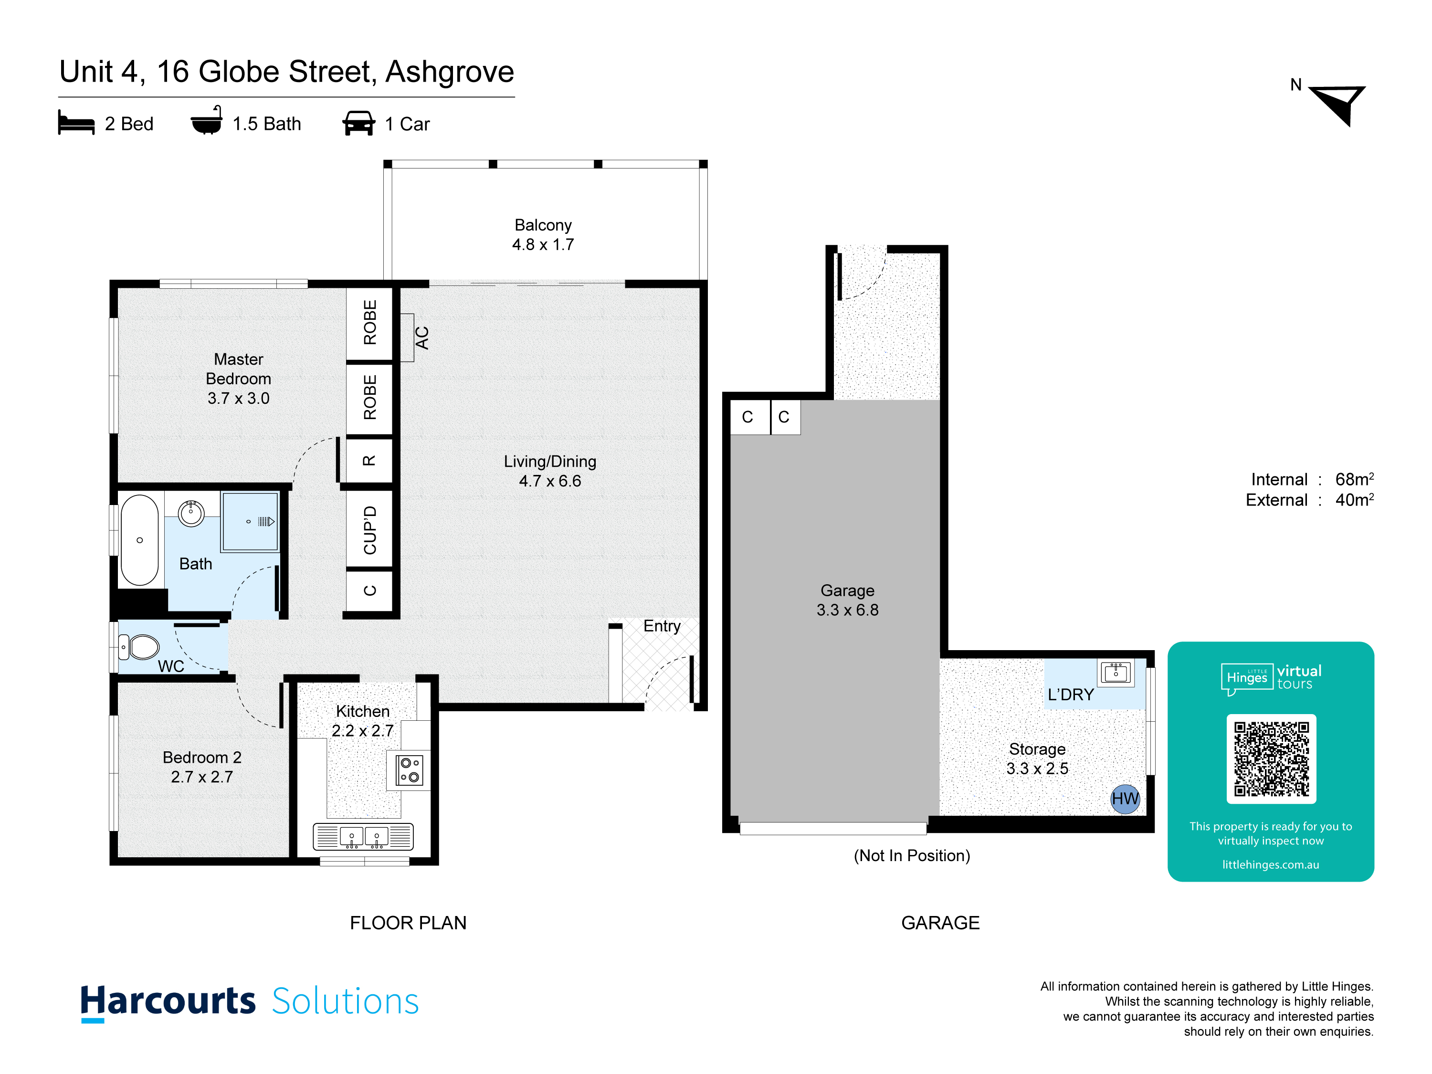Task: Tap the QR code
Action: click(x=1271, y=759)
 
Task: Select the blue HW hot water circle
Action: click(x=1125, y=799)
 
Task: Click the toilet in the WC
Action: click(x=139, y=647)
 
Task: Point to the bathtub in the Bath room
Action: click(x=139, y=540)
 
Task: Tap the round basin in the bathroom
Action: click(x=191, y=513)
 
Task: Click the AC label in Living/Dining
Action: click(x=422, y=338)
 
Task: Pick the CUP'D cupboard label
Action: click(x=369, y=530)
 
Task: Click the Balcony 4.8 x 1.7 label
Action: click(x=543, y=234)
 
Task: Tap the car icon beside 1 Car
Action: click(x=358, y=123)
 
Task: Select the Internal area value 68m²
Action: click(x=1354, y=479)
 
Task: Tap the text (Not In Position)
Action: click(x=912, y=855)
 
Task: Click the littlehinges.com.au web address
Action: click(x=1270, y=864)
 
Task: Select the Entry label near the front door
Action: click(x=662, y=626)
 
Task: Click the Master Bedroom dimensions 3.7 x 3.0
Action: click(x=238, y=398)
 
